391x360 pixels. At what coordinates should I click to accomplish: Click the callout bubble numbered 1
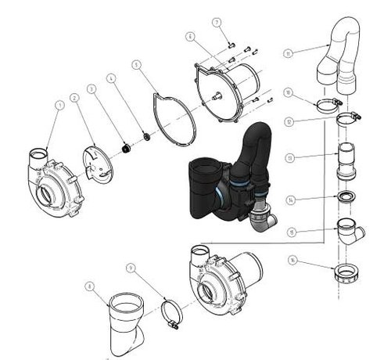click(x=59, y=103)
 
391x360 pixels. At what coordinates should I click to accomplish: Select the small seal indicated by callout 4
click(x=145, y=138)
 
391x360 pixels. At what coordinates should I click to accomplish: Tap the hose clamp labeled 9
click(x=173, y=315)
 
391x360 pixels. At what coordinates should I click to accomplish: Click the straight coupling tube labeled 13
click(x=346, y=161)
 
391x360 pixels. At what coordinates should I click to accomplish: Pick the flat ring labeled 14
click(x=346, y=196)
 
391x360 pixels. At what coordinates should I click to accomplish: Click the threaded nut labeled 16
click(x=346, y=275)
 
